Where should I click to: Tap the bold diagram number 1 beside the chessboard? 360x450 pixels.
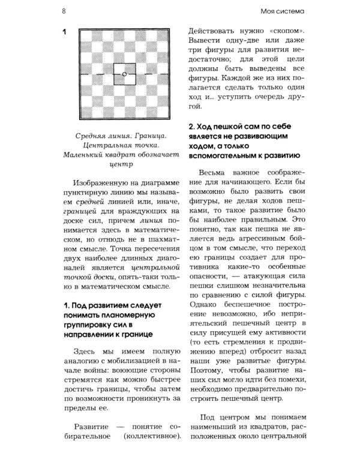point(64,32)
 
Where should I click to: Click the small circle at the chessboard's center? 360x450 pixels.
point(124,74)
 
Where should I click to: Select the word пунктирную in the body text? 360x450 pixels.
point(87,197)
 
